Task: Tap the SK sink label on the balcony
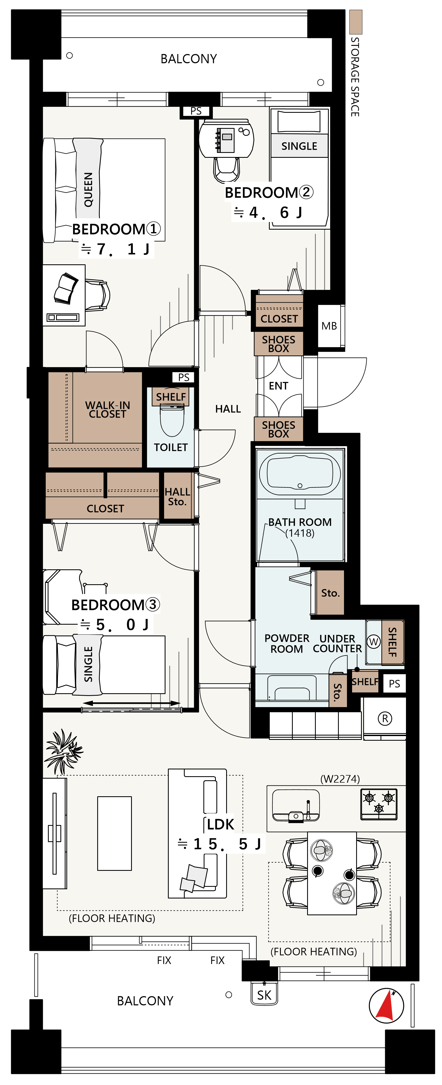[x=264, y=995]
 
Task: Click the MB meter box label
[x=329, y=326]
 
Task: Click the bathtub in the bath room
[x=300, y=473]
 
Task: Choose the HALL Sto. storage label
[x=177, y=497]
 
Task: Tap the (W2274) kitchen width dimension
[x=340, y=779]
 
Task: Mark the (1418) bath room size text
[x=300, y=533]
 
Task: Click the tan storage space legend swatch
[x=356, y=22]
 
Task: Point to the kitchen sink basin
[x=296, y=804]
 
